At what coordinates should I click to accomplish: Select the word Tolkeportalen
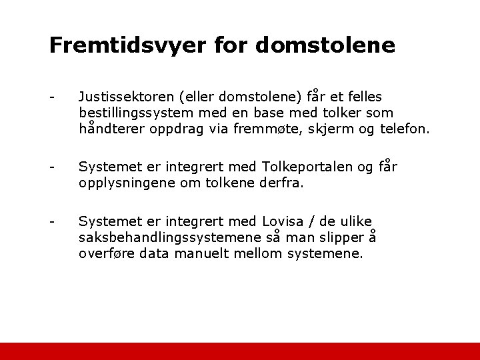(313, 166)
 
